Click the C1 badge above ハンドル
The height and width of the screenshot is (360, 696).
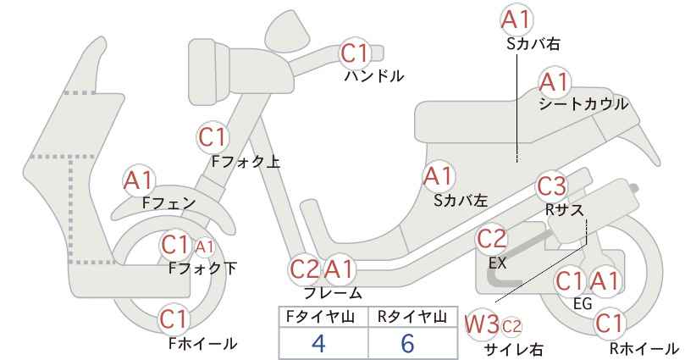[x=355, y=53]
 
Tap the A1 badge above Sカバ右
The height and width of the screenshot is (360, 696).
[x=516, y=20]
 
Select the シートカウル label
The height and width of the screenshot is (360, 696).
[x=583, y=104]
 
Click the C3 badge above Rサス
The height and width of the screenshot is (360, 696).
[x=551, y=186]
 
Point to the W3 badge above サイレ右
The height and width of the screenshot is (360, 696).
[x=482, y=325]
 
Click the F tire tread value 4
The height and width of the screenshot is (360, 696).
[x=319, y=342]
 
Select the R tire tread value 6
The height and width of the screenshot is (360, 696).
[x=407, y=342]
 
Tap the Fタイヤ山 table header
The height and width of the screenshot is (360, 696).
[x=320, y=317]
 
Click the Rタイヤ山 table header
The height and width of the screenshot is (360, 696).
[x=412, y=317]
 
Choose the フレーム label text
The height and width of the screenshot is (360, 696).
[x=333, y=293]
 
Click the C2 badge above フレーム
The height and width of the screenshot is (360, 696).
[x=305, y=269]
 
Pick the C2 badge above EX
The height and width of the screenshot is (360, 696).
[x=491, y=239]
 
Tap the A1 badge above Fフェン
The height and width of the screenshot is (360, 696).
[x=139, y=180]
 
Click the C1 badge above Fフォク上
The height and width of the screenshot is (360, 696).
[x=213, y=137]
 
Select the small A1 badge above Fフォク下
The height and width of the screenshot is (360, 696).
[x=204, y=246]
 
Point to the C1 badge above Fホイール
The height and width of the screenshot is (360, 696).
[x=175, y=319]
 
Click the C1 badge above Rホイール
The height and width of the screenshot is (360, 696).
[x=609, y=324]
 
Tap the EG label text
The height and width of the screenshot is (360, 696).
[x=583, y=303]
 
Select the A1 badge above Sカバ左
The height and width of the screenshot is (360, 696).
[x=438, y=176]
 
